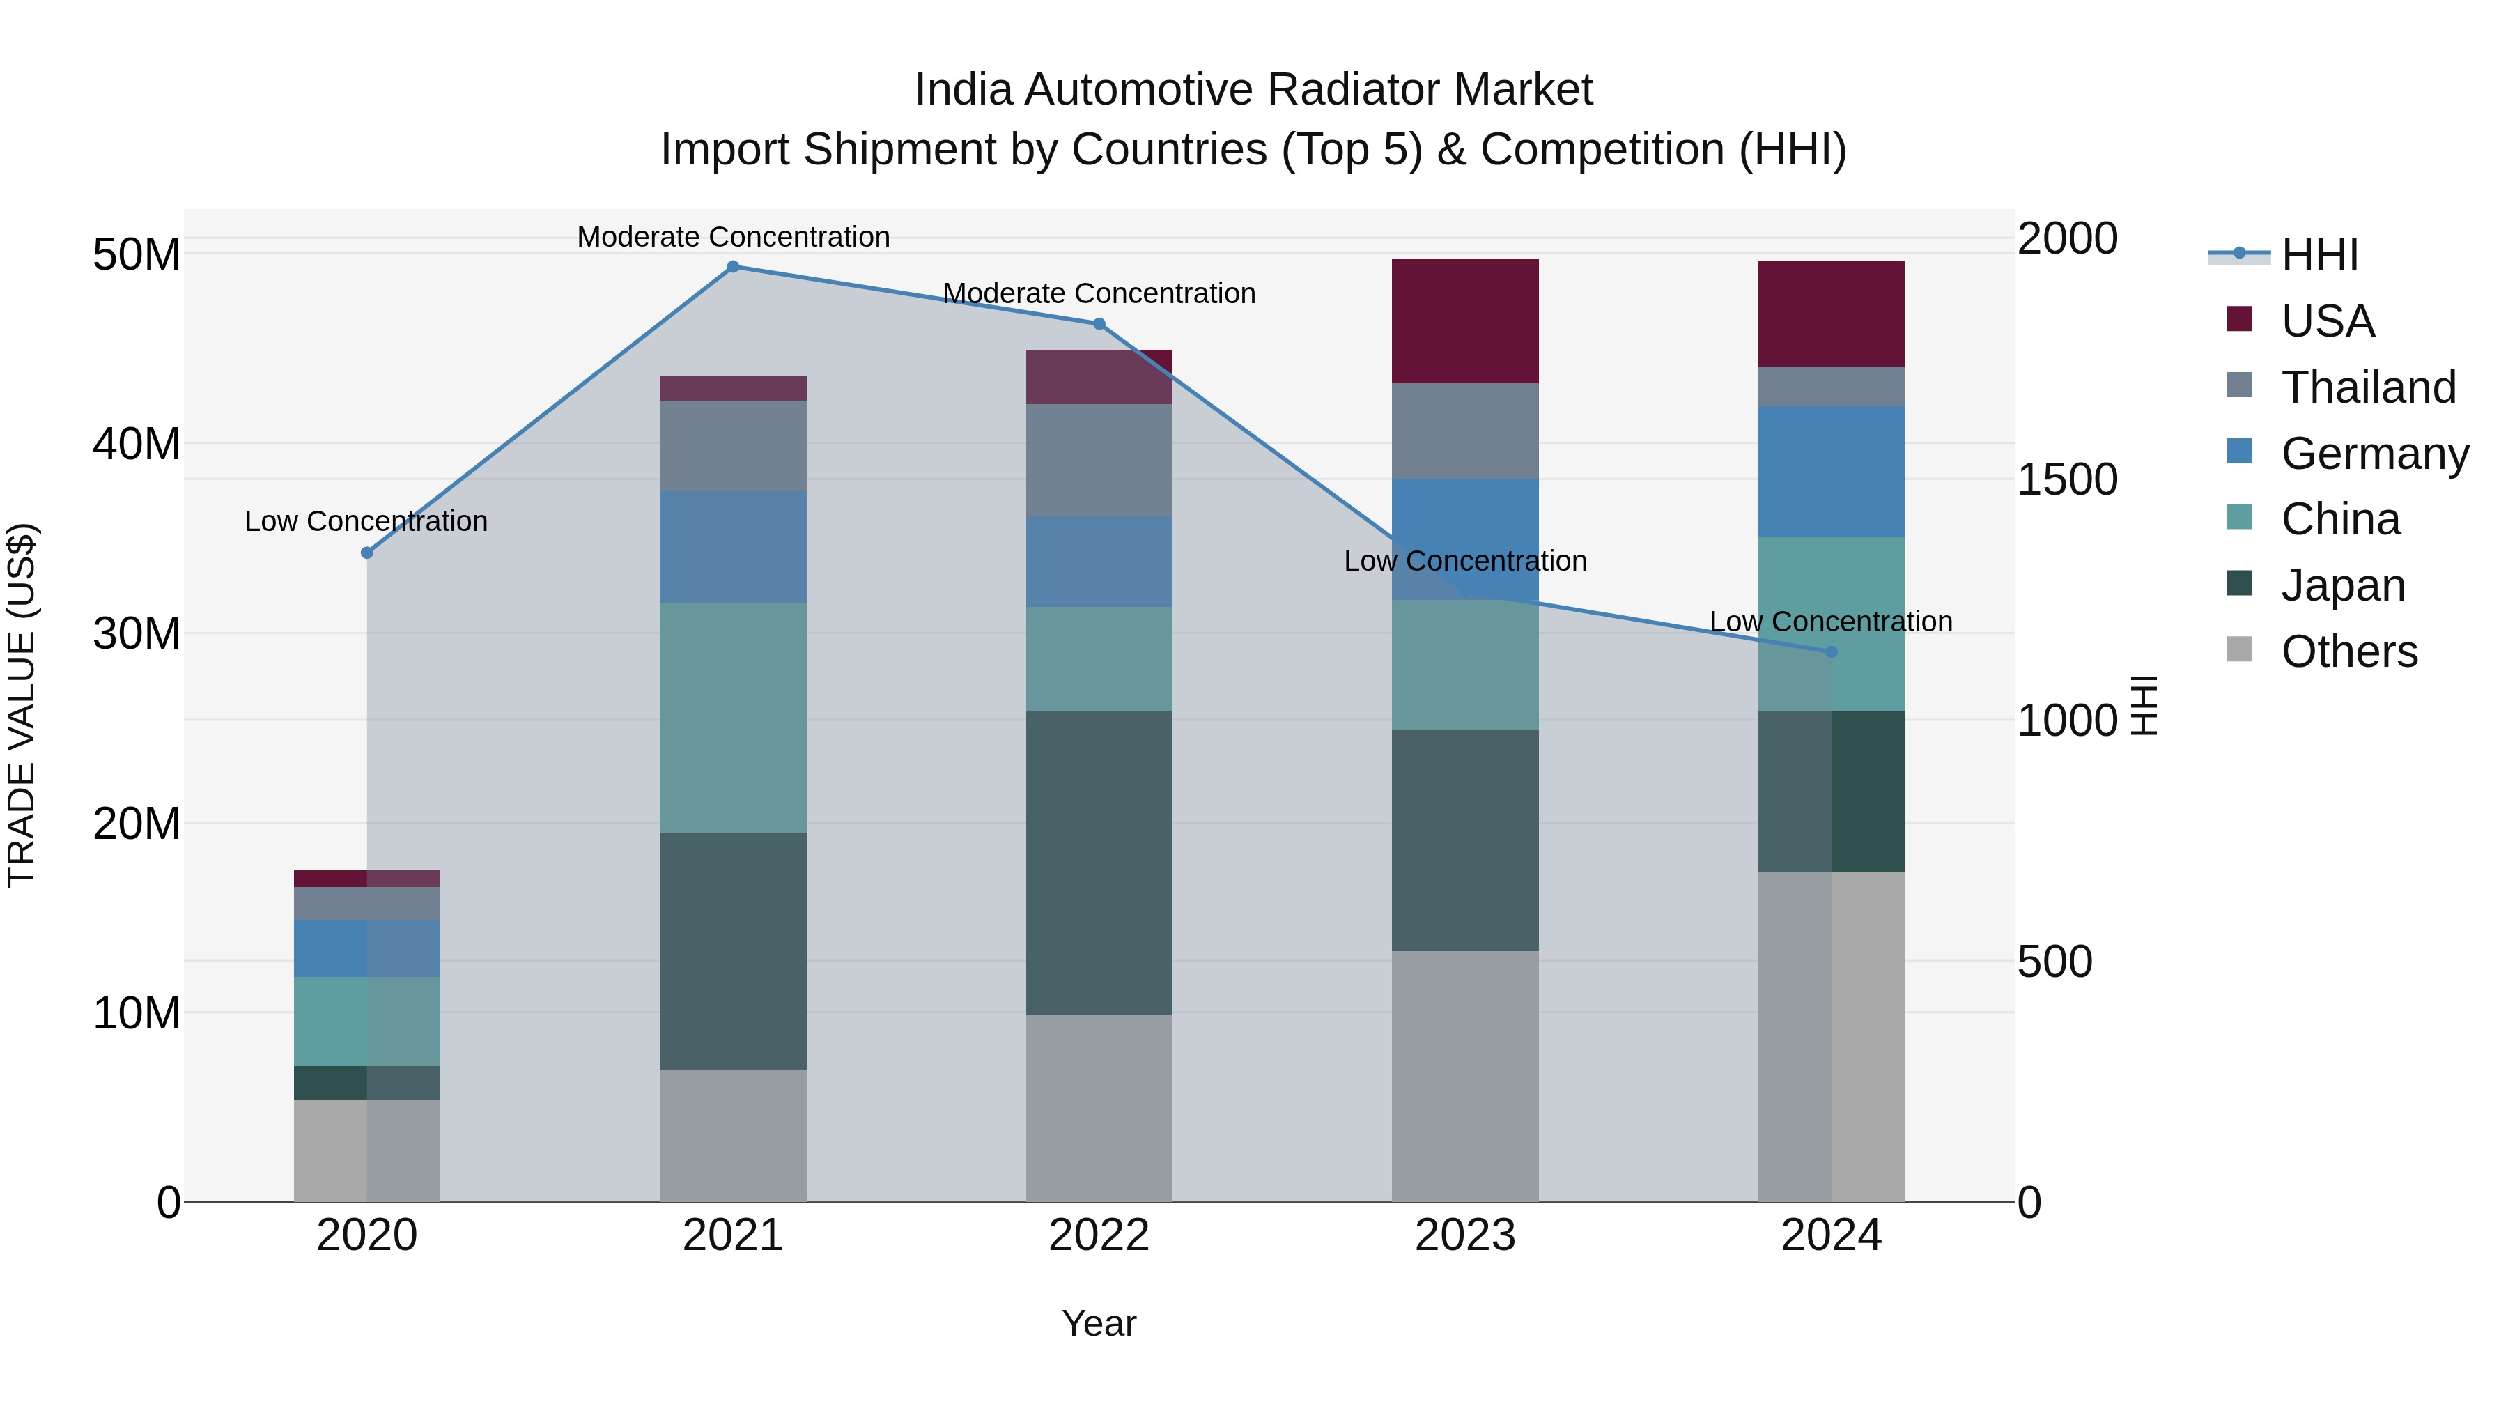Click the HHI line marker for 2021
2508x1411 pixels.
click(x=733, y=267)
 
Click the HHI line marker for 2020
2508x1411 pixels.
click(x=367, y=553)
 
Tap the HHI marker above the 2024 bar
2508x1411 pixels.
click(x=1832, y=651)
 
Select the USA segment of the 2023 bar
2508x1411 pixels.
click(x=1465, y=321)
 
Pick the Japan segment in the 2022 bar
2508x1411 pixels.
click(x=1099, y=863)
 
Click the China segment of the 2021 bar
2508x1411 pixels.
click(x=733, y=717)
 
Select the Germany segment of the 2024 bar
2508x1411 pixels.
click(x=1832, y=471)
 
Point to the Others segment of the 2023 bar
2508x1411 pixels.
click(x=1465, y=1076)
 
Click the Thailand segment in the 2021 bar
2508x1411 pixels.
click(x=733, y=445)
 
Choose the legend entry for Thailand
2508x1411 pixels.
click(x=2368, y=387)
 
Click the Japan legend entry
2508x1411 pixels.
click(x=2342, y=585)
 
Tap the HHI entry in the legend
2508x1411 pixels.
click(x=2319, y=255)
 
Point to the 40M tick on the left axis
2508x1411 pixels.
click(x=137, y=444)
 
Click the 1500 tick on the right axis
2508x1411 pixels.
click(x=2066, y=479)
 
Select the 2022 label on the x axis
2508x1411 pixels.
click(x=1099, y=1235)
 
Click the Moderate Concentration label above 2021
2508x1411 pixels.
click(x=733, y=237)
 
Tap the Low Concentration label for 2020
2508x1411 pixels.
click(x=366, y=521)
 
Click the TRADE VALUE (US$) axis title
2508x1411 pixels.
click(x=22, y=705)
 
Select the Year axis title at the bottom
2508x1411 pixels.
click(x=1099, y=1323)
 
